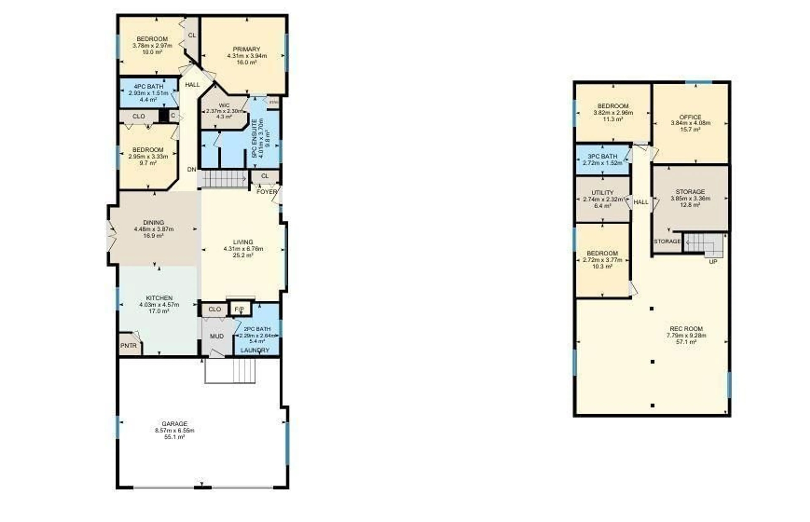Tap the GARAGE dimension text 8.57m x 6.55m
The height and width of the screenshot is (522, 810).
(174, 430)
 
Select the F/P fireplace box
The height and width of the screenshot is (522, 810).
(239, 309)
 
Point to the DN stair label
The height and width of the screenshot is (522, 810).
(192, 169)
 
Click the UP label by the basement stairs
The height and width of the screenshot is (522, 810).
(713, 262)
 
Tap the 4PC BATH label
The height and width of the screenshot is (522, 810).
(148, 86)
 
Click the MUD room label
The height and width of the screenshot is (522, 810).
(217, 336)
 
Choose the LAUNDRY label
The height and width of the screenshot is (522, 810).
(255, 350)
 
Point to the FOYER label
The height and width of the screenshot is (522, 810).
(267, 192)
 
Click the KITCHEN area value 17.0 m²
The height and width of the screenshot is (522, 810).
(159, 311)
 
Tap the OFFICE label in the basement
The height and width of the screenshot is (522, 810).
(690, 117)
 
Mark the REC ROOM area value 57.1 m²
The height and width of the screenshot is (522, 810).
(686, 342)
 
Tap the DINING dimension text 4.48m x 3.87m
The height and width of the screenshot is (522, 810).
(154, 229)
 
